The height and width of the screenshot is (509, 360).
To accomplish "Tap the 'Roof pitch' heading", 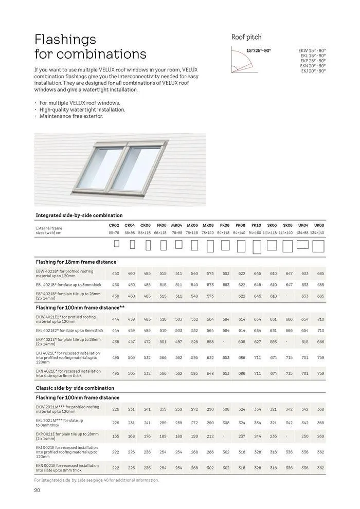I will (246, 37).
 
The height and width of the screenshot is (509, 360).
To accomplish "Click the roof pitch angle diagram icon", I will (242, 61).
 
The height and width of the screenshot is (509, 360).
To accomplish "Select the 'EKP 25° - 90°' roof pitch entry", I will (313, 61).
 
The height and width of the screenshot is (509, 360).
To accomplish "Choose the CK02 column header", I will (114, 225).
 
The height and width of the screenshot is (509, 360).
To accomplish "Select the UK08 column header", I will (319, 225).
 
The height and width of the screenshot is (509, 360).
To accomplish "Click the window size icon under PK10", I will (256, 247).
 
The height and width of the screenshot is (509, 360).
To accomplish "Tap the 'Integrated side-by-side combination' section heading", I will (79, 215).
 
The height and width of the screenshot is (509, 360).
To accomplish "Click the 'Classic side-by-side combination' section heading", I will (75, 388).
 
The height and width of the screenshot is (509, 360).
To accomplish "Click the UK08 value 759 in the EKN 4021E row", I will (320, 374).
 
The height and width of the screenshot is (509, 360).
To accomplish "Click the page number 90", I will (37, 490).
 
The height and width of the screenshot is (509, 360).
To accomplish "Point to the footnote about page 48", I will (96, 480).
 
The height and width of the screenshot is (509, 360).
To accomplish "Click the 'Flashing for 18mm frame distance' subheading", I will (76, 262).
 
